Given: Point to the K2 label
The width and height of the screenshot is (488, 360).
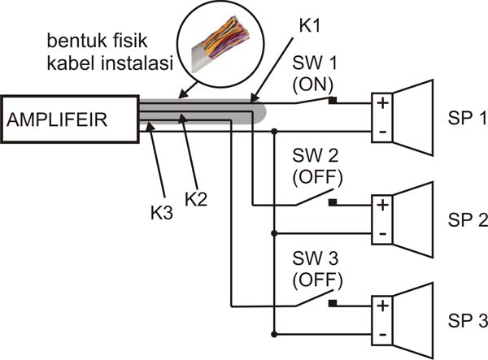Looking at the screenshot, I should click(196, 197).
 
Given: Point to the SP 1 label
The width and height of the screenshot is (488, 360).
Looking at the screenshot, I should click(466, 118).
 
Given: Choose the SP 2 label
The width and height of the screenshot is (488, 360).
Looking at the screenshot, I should click(466, 220).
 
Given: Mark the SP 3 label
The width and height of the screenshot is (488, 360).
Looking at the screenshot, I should click(466, 318).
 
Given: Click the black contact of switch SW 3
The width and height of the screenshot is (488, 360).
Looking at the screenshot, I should click(332, 305).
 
